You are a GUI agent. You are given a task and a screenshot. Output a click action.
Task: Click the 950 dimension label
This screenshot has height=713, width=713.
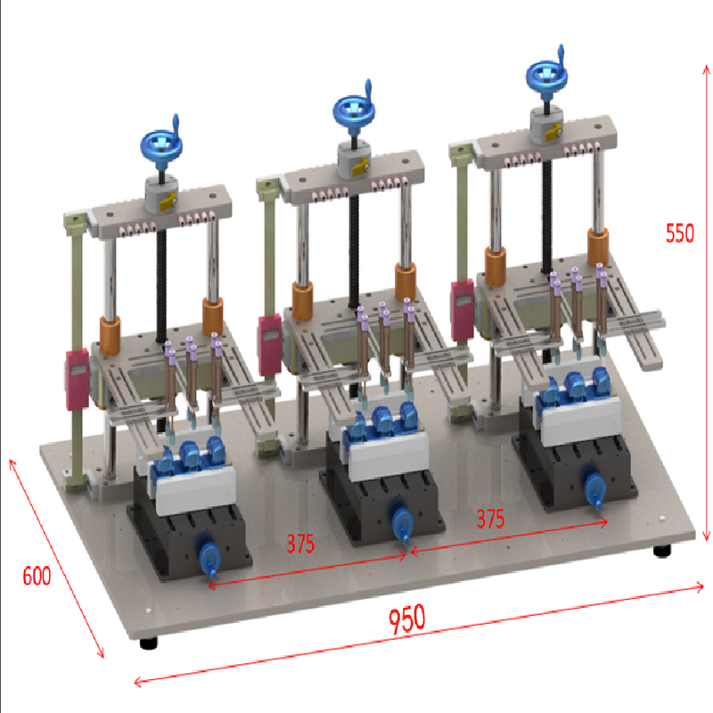[x=407, y=619]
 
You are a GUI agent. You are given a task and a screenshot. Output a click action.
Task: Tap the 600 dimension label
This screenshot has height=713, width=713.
[x=37, y=576]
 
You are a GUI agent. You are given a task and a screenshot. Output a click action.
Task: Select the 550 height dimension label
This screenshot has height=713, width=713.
[x=680, y=233]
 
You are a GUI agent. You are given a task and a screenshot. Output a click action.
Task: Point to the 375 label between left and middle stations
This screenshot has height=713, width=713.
[x=300, y=544]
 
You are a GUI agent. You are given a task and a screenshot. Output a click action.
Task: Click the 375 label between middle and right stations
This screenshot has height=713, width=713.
[x=491, y=519]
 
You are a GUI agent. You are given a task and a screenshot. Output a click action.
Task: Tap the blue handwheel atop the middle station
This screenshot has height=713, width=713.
[x=354, y=109]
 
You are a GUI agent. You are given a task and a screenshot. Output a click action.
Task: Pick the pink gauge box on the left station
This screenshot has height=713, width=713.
[x=78, y=380]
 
